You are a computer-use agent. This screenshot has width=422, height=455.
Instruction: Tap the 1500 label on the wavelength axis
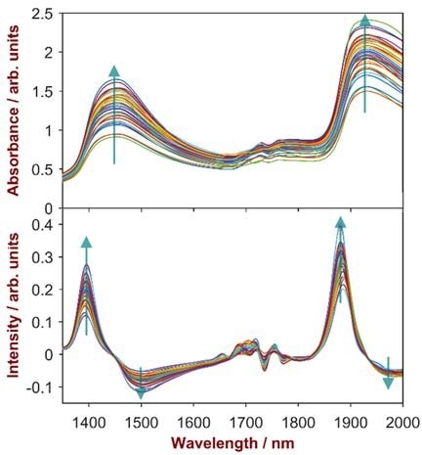142,421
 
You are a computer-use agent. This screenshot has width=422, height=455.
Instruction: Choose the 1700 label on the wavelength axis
246,421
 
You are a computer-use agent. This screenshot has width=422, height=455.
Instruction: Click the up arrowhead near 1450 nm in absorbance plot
114,70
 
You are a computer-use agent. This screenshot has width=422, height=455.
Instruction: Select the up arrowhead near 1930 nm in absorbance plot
365,21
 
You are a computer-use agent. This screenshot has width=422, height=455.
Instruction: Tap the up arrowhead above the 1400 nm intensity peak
86,242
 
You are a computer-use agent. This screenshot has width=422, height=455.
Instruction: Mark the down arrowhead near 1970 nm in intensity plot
388,383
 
